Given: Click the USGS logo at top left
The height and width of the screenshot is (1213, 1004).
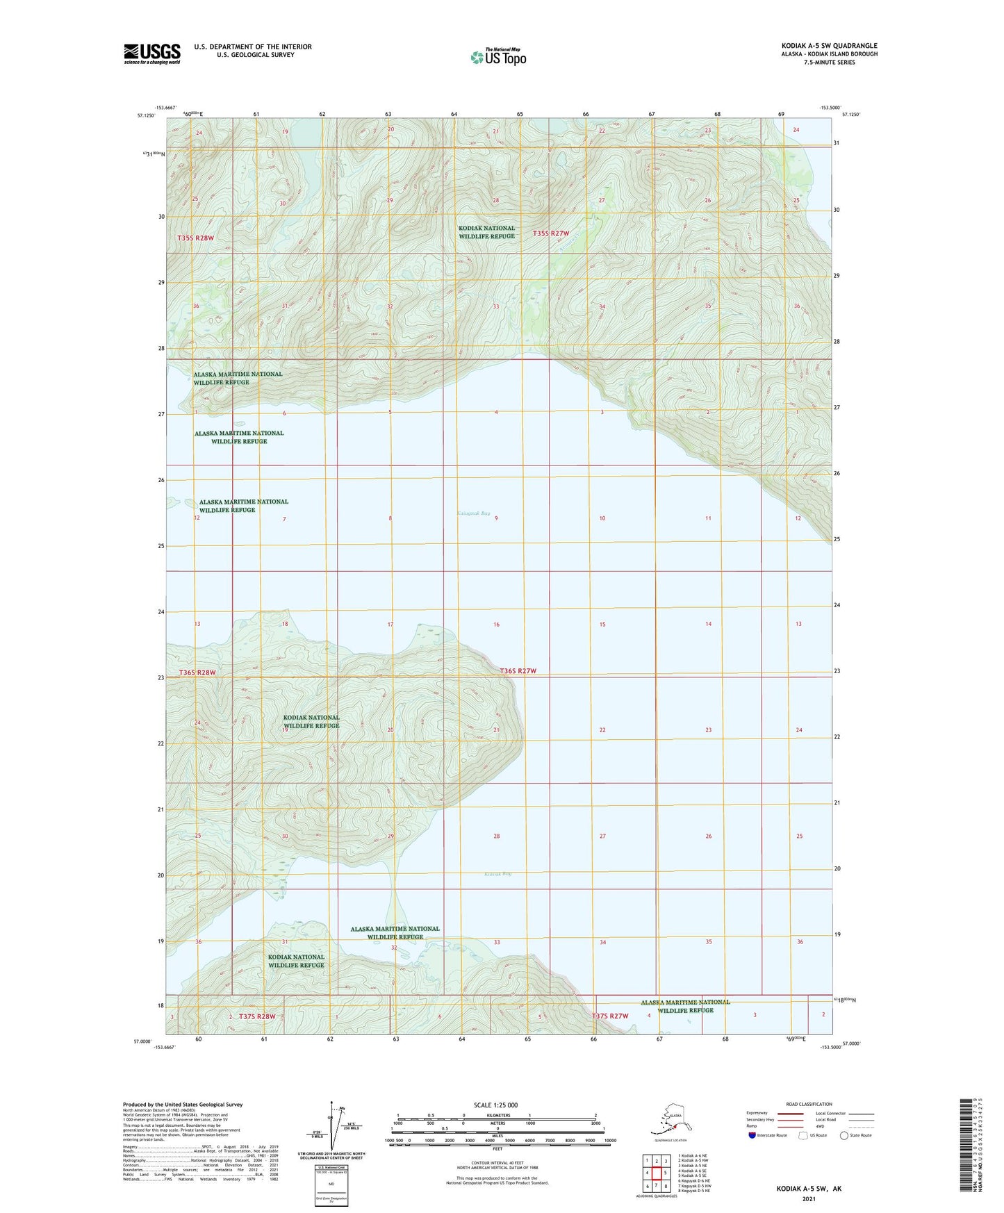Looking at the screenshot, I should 151,53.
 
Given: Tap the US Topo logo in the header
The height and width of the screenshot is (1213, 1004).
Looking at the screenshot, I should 498,57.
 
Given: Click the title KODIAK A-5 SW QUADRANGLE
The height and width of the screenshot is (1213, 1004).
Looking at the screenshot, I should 829,46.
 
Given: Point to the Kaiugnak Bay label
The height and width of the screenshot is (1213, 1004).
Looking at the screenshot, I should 474,513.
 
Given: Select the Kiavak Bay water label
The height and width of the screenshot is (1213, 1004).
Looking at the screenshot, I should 497,873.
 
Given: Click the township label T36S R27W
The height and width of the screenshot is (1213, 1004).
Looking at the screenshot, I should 518,670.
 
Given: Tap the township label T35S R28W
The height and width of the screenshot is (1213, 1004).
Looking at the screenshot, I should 195,238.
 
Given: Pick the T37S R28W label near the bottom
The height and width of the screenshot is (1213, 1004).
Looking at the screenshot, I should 257,1016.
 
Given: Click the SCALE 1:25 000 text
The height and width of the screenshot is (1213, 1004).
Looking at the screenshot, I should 496,1105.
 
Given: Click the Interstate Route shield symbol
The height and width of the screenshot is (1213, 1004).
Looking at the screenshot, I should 752,1135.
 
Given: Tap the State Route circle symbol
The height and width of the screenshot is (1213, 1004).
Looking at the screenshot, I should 844,1135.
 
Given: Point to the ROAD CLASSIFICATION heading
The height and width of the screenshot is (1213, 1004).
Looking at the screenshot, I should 809,1104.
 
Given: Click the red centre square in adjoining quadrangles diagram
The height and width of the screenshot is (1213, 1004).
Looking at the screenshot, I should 656,1173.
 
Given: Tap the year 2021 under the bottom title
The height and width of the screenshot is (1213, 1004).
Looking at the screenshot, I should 809,1198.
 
